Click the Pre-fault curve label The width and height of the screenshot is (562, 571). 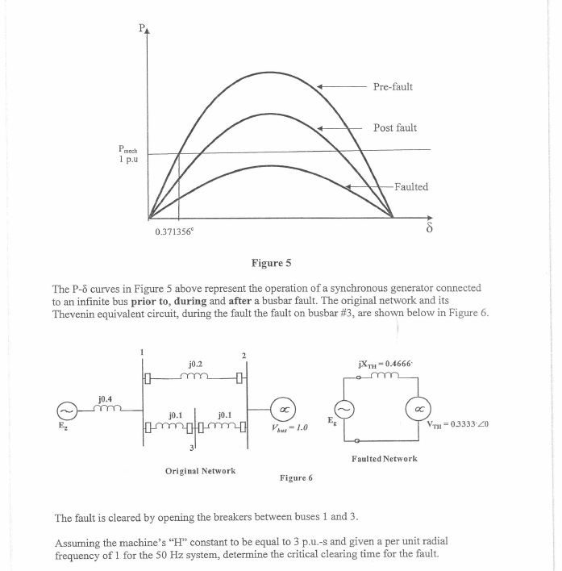tap(393, 86)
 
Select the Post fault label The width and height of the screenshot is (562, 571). tap(395, 128)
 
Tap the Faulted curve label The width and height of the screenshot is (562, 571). tap(410, 186)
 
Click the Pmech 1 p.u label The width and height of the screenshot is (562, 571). tap(127, 153)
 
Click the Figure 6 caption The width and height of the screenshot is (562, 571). tap(296, 477)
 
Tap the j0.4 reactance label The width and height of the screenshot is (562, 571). tap(106, 398)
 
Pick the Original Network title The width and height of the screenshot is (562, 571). tap(199, 469)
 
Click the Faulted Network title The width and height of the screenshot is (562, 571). tap(384, 458)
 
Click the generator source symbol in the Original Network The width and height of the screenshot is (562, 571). tap(69, 410)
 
